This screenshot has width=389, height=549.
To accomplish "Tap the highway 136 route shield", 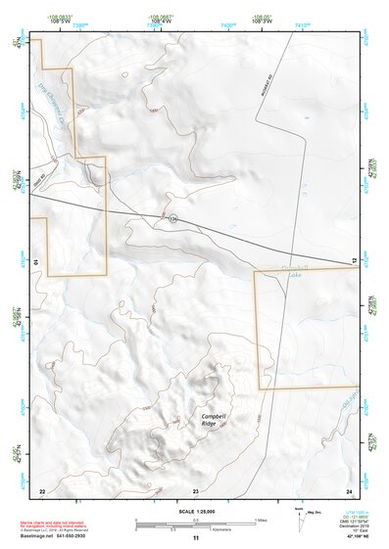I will click(x=172, y=217).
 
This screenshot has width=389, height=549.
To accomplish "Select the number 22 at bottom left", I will click(x=42, y=490).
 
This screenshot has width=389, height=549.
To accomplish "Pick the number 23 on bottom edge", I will click(x=196, y=490).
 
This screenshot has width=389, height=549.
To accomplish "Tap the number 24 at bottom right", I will click(x=349, y=490).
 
